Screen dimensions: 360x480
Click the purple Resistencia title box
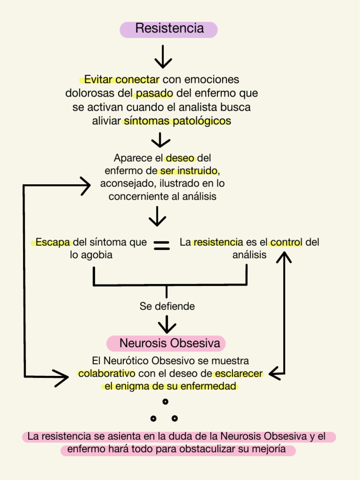point(169,30)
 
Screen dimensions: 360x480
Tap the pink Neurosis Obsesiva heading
point(166,343)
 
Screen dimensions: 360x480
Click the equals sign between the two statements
point(162,245)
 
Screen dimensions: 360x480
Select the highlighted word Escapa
point(52,242)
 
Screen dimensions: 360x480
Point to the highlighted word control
point(286,242)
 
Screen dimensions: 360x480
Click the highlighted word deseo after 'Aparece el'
point(180,158)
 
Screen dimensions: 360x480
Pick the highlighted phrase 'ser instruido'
point(189,171)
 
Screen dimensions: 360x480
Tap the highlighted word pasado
point(154,93)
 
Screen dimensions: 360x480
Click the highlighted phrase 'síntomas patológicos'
point(177,121)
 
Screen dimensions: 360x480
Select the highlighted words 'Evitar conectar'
point(121,80)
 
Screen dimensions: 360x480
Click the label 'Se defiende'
point(167,306)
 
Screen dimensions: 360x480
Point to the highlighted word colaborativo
point(106,374)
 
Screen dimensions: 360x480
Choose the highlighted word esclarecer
point(239,374)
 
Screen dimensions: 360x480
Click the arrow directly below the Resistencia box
point(163,57)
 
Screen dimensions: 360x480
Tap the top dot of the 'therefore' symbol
point(165,401)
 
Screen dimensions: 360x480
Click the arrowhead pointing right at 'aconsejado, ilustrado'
point(86,186)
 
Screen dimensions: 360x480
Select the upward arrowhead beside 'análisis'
point(284,257)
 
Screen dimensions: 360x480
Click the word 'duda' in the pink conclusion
point(172,436)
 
